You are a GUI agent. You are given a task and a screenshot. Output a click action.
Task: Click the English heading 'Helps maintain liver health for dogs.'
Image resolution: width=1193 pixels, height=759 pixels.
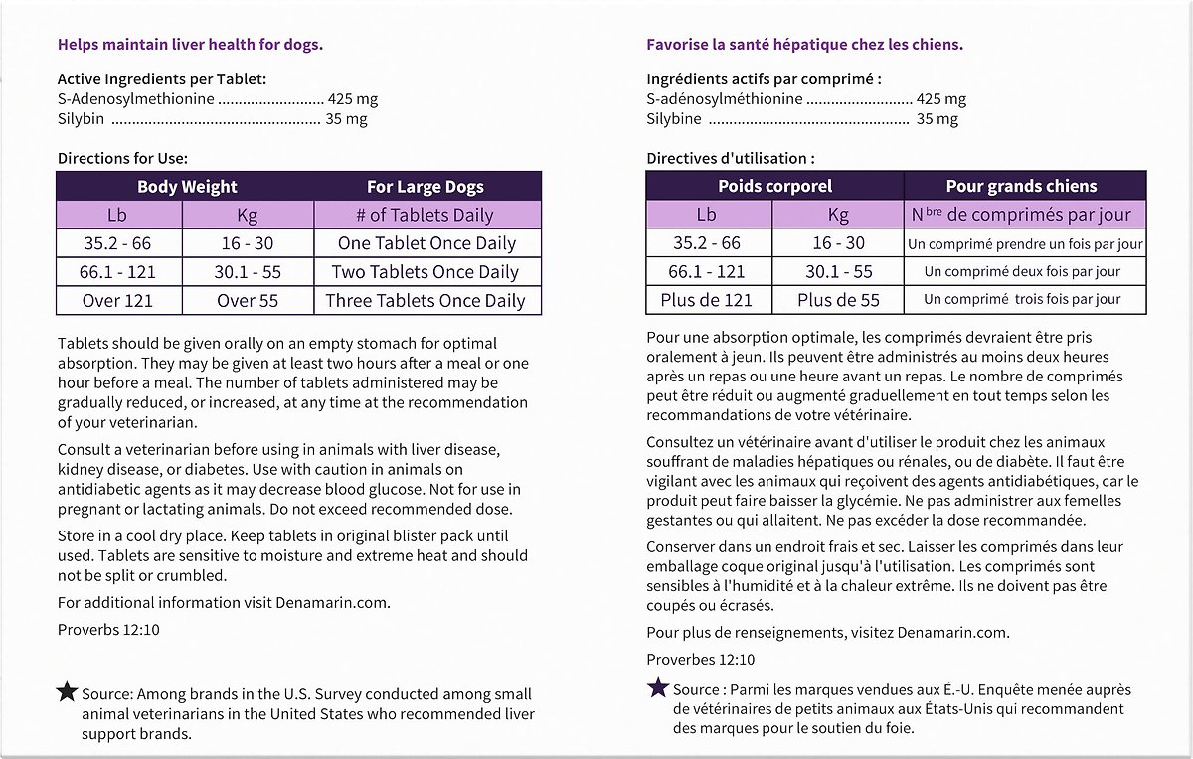[190, 45]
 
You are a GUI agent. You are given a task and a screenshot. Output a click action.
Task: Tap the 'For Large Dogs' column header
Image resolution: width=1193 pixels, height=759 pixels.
[426, 187]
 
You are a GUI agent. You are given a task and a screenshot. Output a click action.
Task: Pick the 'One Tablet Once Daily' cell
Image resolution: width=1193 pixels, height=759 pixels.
[427, 243]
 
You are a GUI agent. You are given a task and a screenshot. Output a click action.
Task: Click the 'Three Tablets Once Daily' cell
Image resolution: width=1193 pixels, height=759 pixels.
[427, 301]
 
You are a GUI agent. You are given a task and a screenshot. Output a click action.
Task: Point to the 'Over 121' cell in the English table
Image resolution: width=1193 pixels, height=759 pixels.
[117, 301]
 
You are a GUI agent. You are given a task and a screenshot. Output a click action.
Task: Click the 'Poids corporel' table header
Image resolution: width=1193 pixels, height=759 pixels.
[774, 186]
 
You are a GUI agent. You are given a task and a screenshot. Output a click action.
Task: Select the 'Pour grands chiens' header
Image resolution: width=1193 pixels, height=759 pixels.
[1021, 186]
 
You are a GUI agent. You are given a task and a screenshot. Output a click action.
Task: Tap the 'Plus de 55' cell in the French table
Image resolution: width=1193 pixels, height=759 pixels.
[838, 300]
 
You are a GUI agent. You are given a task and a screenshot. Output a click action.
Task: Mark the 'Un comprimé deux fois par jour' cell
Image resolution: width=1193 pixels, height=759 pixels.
[1022, 272]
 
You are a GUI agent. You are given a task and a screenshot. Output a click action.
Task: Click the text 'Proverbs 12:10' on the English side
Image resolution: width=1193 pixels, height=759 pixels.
[108, 629]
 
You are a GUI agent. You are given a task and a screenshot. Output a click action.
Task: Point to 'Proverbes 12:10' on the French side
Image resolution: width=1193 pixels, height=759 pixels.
[700, 659]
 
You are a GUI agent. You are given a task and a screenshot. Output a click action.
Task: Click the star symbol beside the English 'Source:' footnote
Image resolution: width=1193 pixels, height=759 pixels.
[67, 692]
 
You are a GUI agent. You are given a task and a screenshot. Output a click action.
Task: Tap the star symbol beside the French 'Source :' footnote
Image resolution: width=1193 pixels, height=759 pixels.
[657, 687]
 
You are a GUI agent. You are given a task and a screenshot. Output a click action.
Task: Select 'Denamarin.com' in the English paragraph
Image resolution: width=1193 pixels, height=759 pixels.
[341, 602]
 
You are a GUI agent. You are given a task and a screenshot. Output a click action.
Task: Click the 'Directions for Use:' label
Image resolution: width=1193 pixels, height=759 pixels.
[122, 158]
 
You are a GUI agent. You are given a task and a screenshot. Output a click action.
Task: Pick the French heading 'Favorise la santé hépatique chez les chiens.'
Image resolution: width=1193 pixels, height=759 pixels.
[804, 45]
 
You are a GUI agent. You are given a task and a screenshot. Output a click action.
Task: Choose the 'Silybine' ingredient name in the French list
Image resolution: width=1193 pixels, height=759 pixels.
[674, 119]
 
